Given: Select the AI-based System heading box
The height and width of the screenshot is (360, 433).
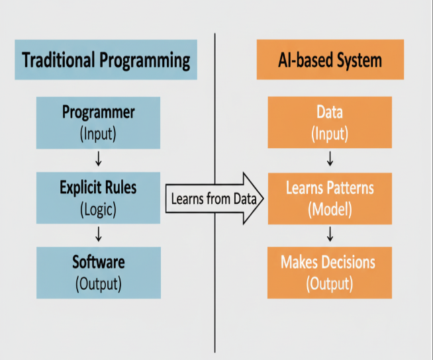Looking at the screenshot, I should coord(330,60).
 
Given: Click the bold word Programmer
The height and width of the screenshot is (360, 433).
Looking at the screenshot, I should coord(98,112).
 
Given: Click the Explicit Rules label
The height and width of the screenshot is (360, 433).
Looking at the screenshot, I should coord(98,187).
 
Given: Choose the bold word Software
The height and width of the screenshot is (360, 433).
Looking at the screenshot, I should coord(98,262).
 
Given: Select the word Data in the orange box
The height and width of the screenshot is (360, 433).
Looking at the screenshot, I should coord(330,112).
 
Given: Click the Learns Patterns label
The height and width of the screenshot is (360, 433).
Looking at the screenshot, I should coord(330,188).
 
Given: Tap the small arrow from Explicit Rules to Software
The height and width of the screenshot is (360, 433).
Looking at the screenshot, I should coord(98,234).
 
